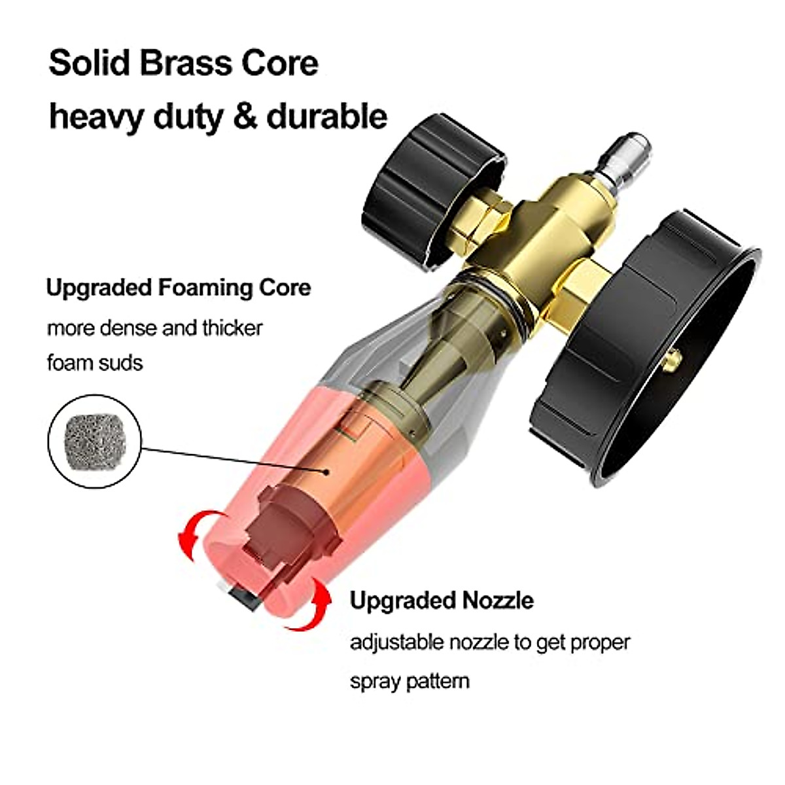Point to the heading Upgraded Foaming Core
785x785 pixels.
coord(179,287)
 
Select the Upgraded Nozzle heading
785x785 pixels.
coord(442,600)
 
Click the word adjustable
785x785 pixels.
coord(397,642)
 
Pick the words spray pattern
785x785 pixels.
coord(410,681)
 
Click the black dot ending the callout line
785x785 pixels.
coord(326,470)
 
